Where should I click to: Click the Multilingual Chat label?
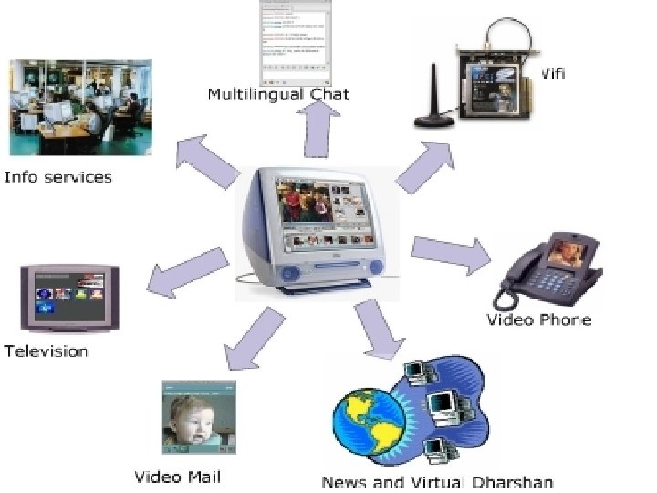point(278,94)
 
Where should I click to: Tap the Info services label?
point(57,176)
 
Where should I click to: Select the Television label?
point(46,351)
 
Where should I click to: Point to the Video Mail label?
point(178,477)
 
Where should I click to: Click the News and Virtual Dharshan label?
point(437,481)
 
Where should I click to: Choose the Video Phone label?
point(538,320)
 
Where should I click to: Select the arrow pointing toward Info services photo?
point(205,160)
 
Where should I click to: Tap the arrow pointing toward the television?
point(187,272)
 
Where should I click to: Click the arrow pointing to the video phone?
point(450,253)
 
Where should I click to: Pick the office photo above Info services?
point(80,107)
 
